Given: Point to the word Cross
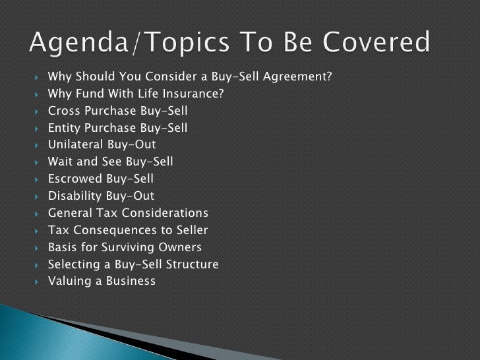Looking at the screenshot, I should click(64, 110).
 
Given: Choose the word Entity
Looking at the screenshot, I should click(65, 127).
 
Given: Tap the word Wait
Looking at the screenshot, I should click(61, 162).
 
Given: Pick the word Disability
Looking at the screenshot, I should click(75, 196).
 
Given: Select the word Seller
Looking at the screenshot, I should click(191, 230).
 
